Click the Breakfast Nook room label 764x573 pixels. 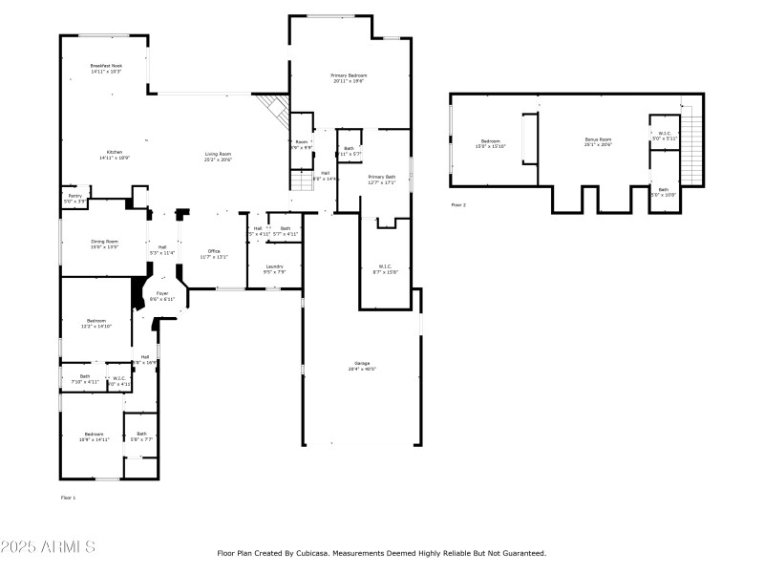106,66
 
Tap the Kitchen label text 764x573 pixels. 115,153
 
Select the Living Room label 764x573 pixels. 219,154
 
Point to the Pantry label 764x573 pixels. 74,197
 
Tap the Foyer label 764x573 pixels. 162,294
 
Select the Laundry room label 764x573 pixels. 275,267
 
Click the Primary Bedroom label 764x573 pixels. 350,75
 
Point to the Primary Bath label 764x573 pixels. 382,177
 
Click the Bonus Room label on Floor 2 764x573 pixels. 598,140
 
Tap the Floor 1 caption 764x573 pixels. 68,498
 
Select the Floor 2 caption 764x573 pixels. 458,204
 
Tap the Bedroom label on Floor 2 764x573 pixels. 490,142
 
